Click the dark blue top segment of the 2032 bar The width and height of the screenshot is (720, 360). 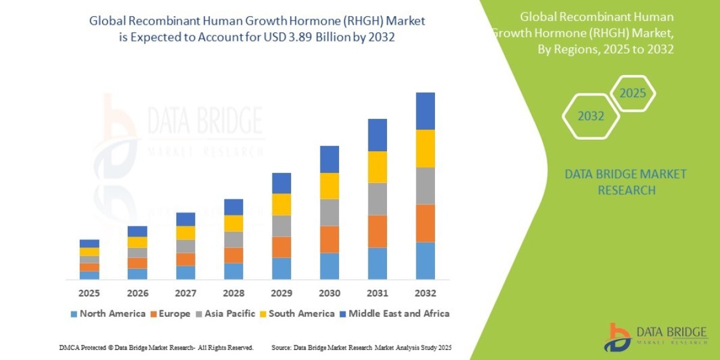425,111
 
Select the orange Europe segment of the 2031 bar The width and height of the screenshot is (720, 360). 377,231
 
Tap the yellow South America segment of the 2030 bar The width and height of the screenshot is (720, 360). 329,186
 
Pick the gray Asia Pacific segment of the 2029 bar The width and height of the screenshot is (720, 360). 281,226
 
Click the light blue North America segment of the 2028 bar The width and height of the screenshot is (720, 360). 233,271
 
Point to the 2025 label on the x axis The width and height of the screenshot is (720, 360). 89,293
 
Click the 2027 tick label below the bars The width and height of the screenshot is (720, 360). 185,293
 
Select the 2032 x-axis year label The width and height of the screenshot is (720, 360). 425,293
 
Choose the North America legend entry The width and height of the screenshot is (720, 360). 108,313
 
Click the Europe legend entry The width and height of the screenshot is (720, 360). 171,313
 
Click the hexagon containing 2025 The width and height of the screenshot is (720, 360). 632,94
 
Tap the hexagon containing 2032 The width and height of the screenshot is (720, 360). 591,116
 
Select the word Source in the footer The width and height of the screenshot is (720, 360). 282,347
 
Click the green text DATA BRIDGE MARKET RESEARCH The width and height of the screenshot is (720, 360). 626,182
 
